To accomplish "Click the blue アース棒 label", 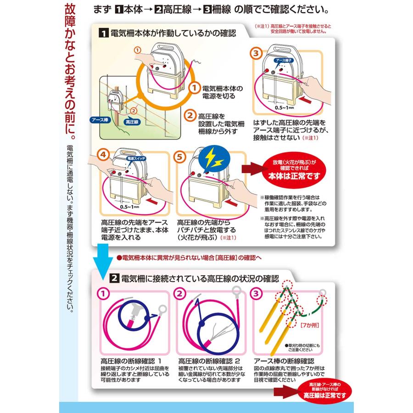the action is pos(100,120).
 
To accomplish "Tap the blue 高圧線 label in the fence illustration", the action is pos(132,122).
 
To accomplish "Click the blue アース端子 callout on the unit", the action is pos(284,60).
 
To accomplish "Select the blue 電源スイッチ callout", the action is pos(136,158).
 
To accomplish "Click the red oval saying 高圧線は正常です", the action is pos(324,392).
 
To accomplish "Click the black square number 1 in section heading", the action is pos(104,33).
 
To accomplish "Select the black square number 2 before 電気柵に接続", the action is pos(114,278).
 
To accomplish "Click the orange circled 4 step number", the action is pos(103,155).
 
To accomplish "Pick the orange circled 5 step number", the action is pos(179,157).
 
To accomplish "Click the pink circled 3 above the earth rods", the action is pos(256,293).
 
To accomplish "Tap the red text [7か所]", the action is pos(310,325).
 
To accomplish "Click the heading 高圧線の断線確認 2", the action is pos(209,361).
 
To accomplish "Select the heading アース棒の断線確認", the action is pos(284,361).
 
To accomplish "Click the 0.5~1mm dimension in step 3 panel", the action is pos(284,107).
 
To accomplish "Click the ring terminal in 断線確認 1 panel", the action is pos(162,309).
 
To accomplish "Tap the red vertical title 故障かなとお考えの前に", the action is pos(70,72).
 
